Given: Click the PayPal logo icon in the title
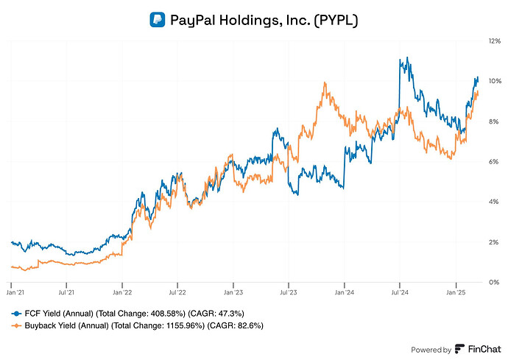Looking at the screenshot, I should (x=157, y=20).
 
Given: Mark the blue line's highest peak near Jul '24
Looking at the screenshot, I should (x=400, y=57).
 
